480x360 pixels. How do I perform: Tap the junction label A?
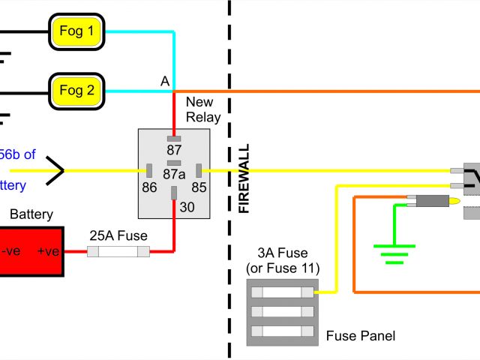pyautogui.click(x=164, y=81)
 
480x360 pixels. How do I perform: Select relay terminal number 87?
pyautogui.click(x=174, y=150)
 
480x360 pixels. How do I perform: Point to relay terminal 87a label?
pyautogui.click(x=174, y=174)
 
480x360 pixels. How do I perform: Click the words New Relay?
pyautogui.click(x=203, y=109)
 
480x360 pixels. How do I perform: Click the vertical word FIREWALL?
pyautogui.click(x=244, y=179)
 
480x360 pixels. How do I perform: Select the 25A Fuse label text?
pyautogui.click(x=118, y=235)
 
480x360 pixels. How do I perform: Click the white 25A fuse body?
pyautogui.click(x=118, y=253)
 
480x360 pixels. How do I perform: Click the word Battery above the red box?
pyautogui.click(x=31, y=214)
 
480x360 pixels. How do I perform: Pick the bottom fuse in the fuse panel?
pyautogui.click(x=282, y=331)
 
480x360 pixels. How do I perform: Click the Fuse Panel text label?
pyautogui.click(x=360, y=336)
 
